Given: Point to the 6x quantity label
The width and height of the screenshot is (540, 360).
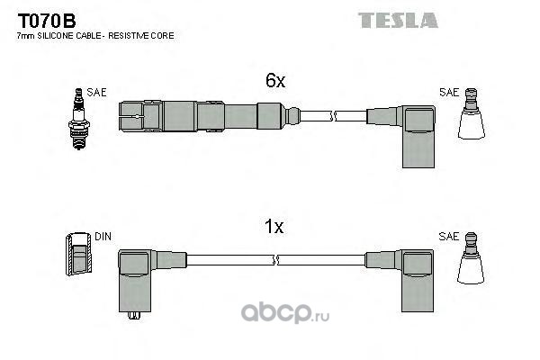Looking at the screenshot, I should coord(274,82).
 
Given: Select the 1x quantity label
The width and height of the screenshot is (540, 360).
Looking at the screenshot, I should coord(274,228).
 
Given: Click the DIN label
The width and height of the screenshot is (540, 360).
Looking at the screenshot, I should coord(103,237).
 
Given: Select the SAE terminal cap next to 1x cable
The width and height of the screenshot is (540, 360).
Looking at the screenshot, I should coord(471,264).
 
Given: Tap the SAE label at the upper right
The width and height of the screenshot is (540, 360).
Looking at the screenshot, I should coord(449,92).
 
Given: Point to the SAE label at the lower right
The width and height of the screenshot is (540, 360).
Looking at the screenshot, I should coord(449,237).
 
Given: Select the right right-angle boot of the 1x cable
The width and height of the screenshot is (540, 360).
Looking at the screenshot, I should coord(416,275).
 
